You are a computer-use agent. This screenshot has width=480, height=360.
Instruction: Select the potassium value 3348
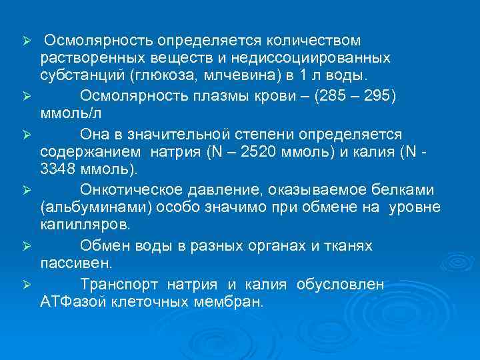point(59,170)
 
